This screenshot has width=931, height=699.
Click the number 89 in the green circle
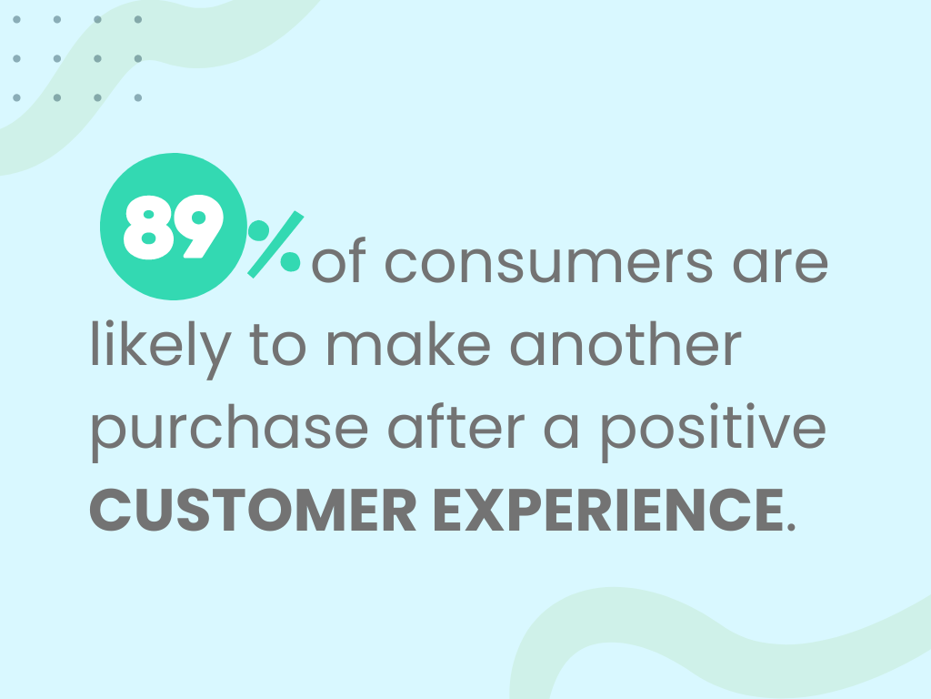click(x=173, y=227)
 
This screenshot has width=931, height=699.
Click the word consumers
click(x=549, y=262)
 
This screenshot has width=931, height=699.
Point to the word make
click(x=408, y=345)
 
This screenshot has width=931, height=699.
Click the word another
click(x=626, y=345)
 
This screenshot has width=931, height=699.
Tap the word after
click(x=456, y=427)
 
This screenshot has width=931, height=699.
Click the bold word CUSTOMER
click(x=253, y=510)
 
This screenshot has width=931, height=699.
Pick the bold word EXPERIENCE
click(x=608, y=510)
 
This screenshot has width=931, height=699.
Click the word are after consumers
click(x=781, y=263)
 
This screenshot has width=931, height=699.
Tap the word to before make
click(x=278, y=346)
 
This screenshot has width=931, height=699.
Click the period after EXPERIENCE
click(x=790, y=526)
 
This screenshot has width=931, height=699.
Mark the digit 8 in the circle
click(x=148, y=227)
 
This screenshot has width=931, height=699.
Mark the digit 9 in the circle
click(x=198, y=227)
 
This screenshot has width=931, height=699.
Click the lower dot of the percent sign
click(x=290, y=261)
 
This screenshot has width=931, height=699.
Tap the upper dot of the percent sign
click(x=258, y=230)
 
